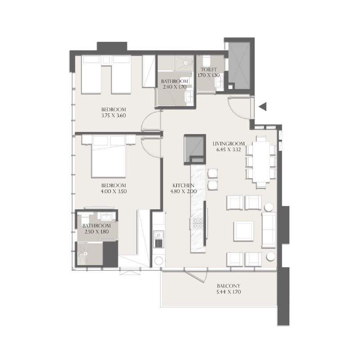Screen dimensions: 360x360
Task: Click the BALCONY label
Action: tap(228, 286)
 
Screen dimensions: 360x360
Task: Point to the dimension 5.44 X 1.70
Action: tap(228, 292)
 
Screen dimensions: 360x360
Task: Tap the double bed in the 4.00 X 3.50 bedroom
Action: tap(110, 157)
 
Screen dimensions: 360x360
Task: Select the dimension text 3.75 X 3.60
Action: tap(113, 115)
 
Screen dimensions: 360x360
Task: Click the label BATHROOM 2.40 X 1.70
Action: tap(174, 84)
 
